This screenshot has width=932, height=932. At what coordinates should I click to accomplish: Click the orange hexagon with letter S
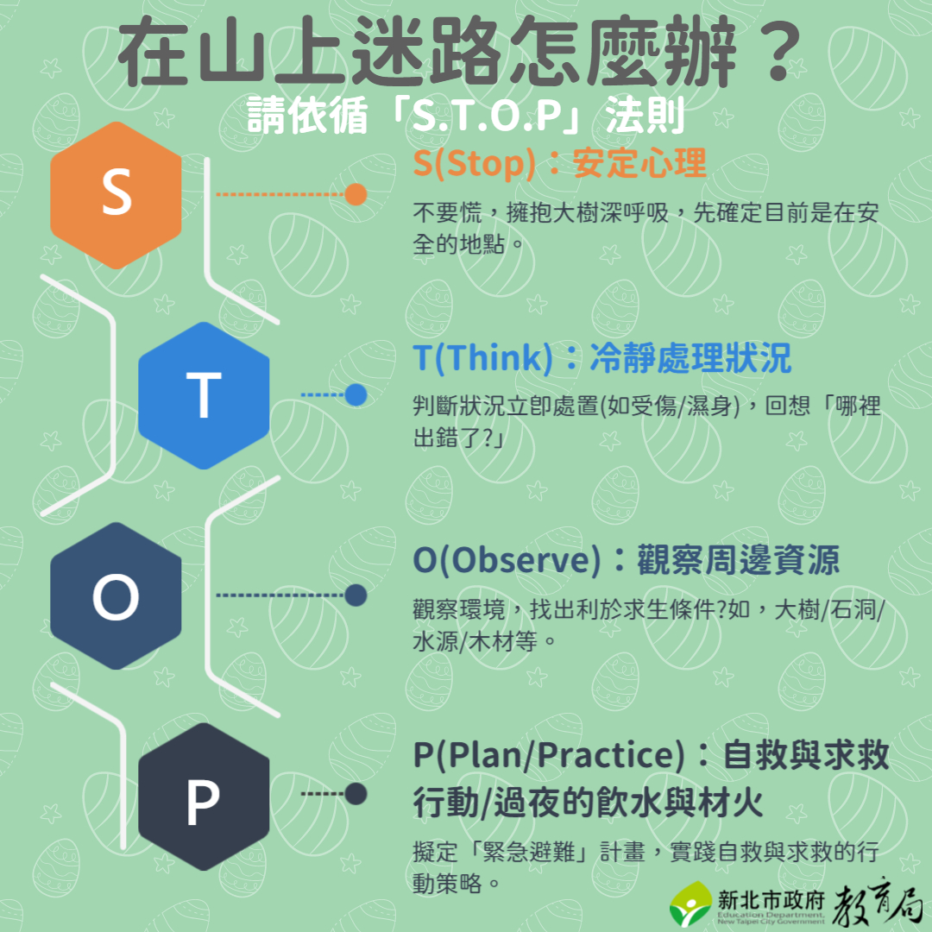(x=116, y=195)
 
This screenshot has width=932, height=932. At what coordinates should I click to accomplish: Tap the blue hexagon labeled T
(x=204, y=395)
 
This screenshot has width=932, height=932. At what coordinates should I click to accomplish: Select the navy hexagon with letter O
(x=116, y=595)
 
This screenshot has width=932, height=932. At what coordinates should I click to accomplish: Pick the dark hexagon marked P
(x=204, y=797)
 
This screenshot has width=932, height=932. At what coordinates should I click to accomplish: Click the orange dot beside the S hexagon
(x=356, y=194)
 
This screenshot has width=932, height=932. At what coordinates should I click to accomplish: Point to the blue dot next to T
(x=356, y=394)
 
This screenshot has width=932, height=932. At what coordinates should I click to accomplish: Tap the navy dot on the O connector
(x=356, y=595)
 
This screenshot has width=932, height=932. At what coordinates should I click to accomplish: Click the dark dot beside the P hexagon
(x=356, y=794)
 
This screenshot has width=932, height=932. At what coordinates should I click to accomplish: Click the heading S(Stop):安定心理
(x=559, y=163)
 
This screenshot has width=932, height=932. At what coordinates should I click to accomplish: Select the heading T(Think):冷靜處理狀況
(x=602, y=358)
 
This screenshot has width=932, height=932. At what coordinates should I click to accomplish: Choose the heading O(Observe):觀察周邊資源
(x=626, y=560)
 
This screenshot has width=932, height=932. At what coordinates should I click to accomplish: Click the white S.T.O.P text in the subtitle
(x=487, y=116)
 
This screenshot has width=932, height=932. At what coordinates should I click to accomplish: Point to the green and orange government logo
(x=690, y=904)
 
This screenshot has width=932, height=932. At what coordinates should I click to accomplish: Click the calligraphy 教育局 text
(x=877, y=901)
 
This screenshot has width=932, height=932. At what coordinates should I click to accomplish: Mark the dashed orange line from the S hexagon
(x=280, y=194)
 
